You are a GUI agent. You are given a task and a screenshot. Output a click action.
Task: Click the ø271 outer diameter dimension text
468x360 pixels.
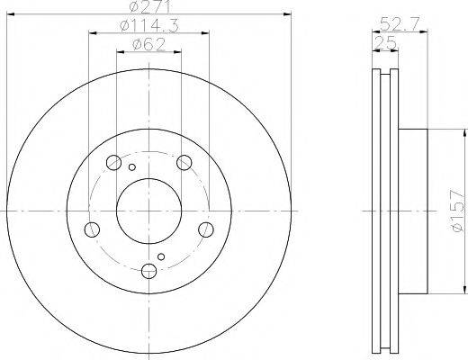tap(148, 8)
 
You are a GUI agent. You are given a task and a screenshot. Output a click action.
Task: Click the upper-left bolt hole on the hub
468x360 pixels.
tap(113, 163)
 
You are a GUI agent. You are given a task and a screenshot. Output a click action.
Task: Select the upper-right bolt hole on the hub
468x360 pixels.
tap(184, 162)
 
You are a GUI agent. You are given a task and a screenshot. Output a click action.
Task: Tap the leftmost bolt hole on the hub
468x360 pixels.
tap(92, 229)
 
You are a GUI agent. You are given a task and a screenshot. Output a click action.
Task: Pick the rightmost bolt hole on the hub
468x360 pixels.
tap(206, 229)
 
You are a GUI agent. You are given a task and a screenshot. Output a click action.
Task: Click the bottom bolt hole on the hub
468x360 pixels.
tap(149, 270)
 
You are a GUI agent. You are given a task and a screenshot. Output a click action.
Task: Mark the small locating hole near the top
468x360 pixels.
tap(131, 167)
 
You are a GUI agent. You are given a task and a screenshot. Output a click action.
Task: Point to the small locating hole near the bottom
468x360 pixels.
tap(162, 257)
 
